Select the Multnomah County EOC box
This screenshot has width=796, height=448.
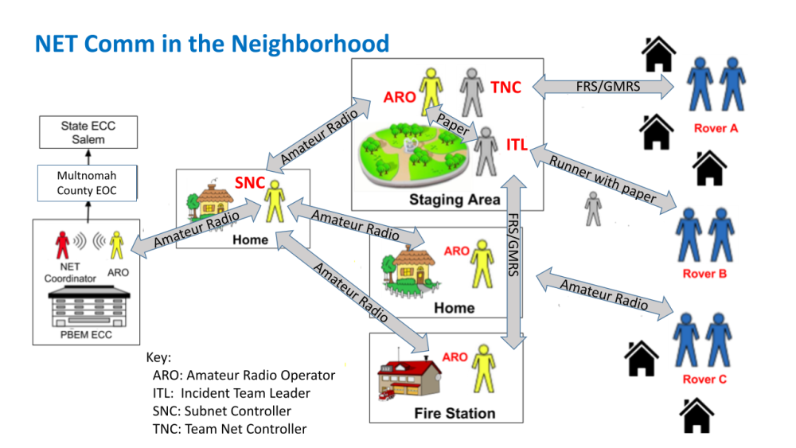[x=88, y=184]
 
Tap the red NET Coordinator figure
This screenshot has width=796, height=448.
[x=61, y=245]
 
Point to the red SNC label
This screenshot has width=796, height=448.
[x=249, y=183]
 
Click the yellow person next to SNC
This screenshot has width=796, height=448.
[x=274, y=200]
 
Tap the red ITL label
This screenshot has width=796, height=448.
[x=517, y=145]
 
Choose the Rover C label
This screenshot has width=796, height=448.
[x=704, y=380]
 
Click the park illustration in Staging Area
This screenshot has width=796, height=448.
[x=415, y=159]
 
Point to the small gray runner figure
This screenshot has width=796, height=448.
[x=593, y=208]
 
